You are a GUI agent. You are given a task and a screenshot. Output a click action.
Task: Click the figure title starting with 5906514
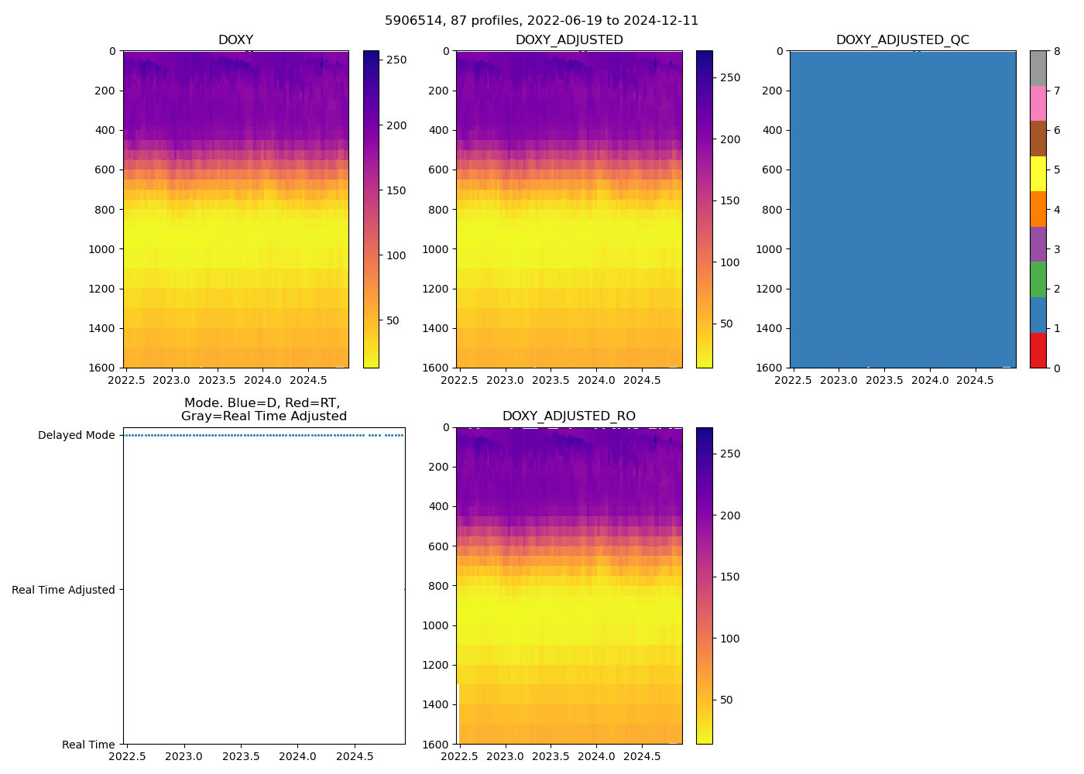[x=541, y=20]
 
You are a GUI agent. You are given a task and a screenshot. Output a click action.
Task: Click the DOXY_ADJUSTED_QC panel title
[x=902, y=39]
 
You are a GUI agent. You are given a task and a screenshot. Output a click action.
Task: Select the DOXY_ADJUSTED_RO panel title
[x=569, y=416]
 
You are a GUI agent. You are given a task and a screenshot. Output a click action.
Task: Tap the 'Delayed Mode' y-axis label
[x=76, y=435]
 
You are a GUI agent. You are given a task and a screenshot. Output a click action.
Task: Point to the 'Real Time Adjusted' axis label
[x=63, y=590]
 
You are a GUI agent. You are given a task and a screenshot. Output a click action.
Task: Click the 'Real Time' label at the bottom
[x=88, y=745]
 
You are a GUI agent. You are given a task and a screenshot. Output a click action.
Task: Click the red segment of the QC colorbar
[x=1038, y=350]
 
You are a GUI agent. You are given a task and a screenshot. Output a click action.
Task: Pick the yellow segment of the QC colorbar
[x=1038, y=173]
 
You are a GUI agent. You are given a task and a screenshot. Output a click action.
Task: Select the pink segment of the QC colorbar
[x=1038, y=103]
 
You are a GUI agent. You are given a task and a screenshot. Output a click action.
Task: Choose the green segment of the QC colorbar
[x=1038, y=279]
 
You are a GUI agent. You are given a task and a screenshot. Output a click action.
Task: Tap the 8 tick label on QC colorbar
[x=1056, y=51]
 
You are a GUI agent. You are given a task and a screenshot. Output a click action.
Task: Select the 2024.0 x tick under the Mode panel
[x=297, y=756]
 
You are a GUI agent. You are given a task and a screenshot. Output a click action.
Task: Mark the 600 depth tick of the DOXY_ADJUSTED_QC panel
[x=774, y=170]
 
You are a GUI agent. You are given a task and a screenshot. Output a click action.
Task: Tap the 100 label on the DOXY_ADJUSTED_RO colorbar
[x=730, y=639]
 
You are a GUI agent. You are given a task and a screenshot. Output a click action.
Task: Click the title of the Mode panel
[x=264, y=409]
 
